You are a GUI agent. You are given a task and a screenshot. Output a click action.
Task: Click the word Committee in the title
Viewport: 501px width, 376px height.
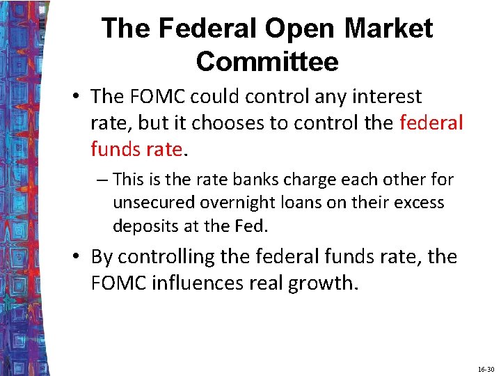267,61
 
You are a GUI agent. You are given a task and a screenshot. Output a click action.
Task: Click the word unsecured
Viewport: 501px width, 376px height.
154,203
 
